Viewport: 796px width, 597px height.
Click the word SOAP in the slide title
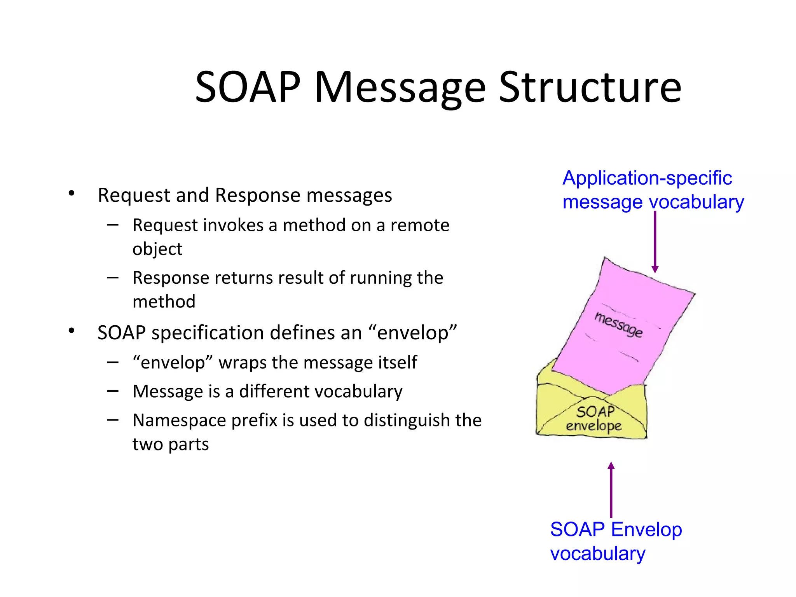pos(248,87)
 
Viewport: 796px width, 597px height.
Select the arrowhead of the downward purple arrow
pos(655,269)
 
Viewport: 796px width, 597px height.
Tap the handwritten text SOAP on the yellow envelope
pos(595,412)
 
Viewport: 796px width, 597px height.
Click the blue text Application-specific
pos(647,178)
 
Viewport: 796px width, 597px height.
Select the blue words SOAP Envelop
pos(616,529)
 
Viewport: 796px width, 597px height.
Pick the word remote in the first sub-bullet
pos(420,225)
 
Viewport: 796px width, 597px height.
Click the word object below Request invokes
pos(157,249)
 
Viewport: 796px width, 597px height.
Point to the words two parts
pos(171,444)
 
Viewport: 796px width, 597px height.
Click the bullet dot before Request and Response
pos(72,193)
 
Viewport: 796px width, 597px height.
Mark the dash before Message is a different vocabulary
pos(113,391)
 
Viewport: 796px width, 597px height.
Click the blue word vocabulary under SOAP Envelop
pos(598,553)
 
